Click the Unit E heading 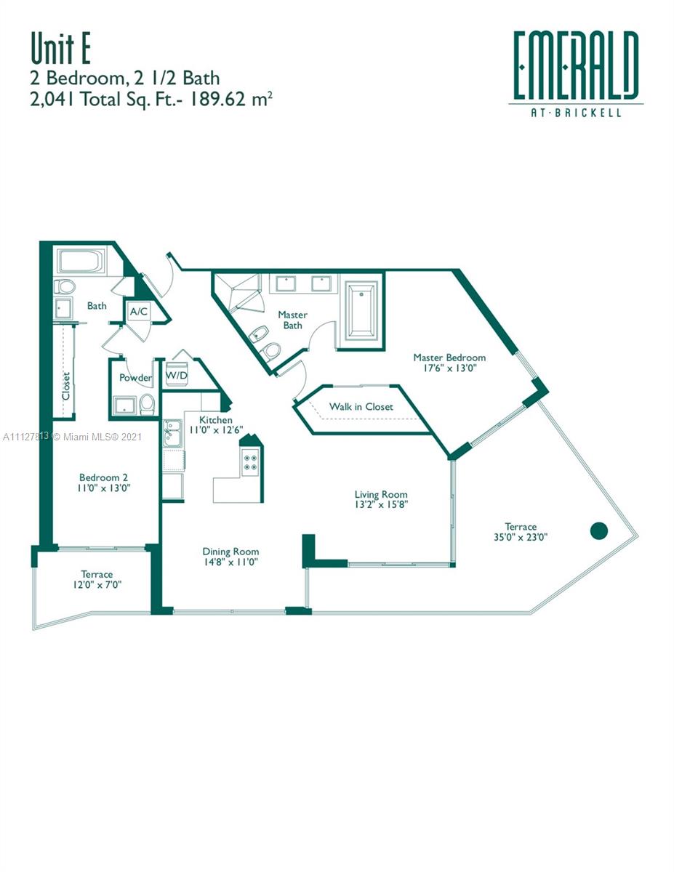point(60,49)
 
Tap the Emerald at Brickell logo point(576,73)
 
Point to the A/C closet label point(139,311)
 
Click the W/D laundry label point(177,376)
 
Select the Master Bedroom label point(449,357)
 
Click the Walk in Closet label point(361,406)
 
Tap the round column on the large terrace point(598,530)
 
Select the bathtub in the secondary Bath point(81,262)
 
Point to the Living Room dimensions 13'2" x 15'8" point(381,504)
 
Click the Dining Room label point(230,552)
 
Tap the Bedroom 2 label point(103,477)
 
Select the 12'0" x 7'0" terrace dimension point(97,585)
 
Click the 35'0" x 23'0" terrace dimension point(521,537)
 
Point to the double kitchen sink point(172,433)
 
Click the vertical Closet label point(66,386)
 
